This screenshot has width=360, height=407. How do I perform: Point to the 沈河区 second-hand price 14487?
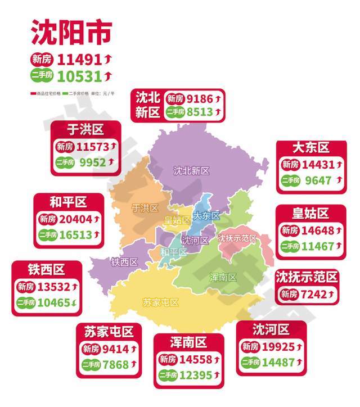276,362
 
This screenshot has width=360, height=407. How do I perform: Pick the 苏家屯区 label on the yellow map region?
160,302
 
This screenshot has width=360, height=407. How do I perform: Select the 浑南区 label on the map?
223,277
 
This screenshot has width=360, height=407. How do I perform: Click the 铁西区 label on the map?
124,262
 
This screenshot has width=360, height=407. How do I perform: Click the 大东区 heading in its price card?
310,148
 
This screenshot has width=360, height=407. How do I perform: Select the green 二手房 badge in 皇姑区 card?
291,246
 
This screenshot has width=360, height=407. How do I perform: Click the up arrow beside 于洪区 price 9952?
111,162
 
